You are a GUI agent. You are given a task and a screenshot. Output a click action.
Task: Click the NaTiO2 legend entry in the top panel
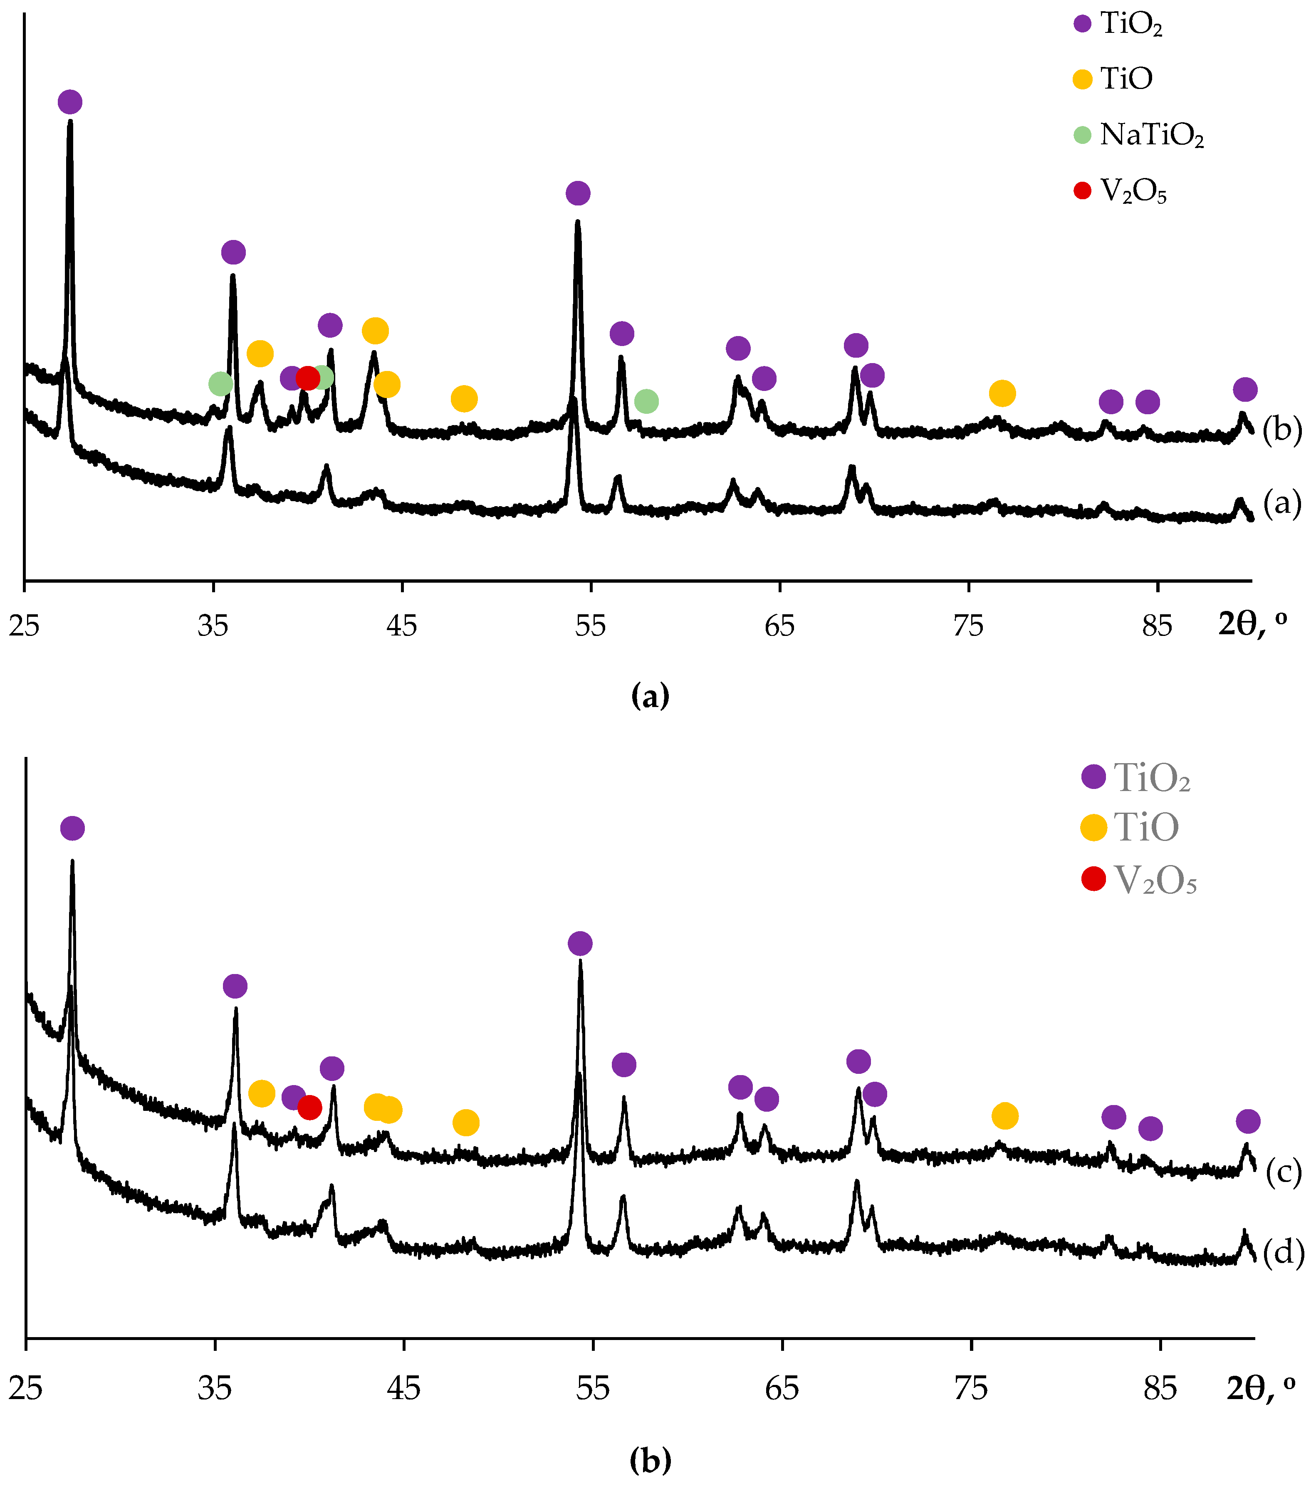tap(1151, 135)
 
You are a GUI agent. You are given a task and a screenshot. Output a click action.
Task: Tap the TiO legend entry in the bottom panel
tap(1145, 827)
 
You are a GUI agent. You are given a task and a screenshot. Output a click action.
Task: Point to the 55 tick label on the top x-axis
tap(590, 625)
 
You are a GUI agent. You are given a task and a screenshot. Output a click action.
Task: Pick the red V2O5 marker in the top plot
tap(307, 378)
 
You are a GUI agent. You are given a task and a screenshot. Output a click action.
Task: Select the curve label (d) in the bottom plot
tap(1283, 1253)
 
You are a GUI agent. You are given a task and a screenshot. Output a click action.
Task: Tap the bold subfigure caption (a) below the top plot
tap(650, 696)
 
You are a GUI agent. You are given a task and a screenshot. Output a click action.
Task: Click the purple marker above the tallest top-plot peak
tap(70, 102)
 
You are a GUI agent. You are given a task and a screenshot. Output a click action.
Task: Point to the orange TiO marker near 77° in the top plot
tap(1002, 393)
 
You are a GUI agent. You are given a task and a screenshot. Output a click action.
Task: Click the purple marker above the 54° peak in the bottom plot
tap(579, 944)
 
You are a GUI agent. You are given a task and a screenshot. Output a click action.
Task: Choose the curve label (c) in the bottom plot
tap(1283, 1173)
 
